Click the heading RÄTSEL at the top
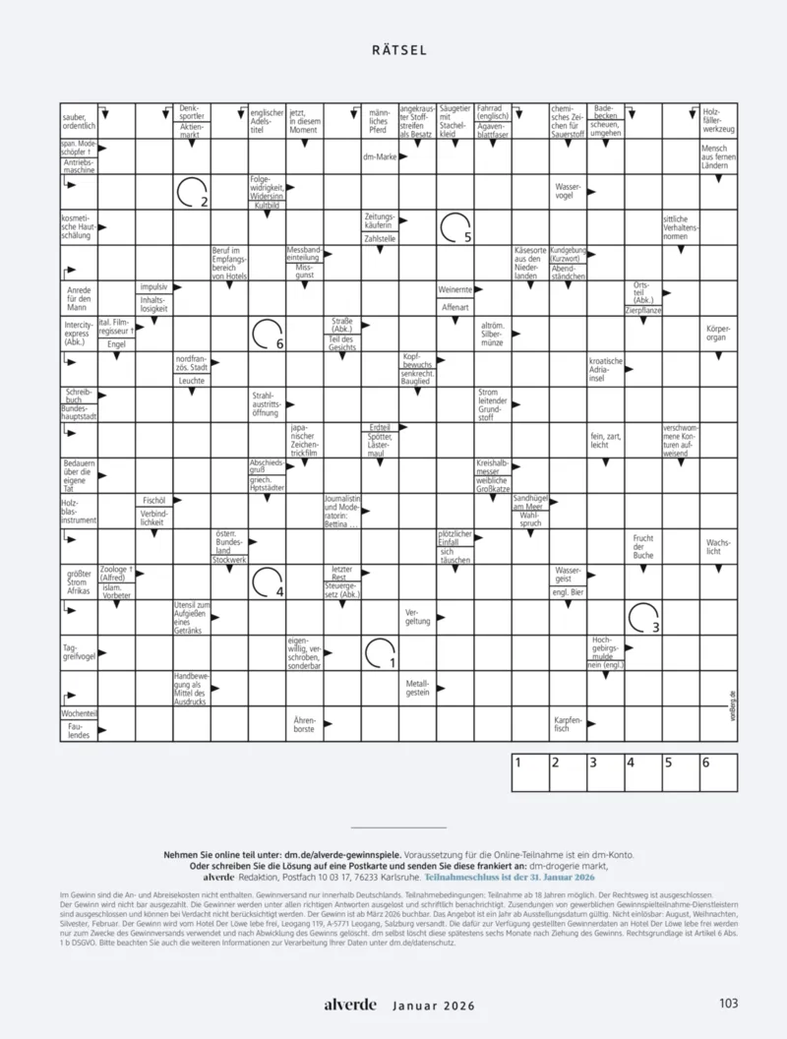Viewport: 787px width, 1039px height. click(x=399, y=50)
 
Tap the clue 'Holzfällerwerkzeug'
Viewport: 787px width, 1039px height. click(x=718, y=121)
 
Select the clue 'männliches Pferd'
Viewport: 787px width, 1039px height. click(x=379, y=121)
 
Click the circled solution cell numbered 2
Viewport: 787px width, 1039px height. click(x=193, y=192)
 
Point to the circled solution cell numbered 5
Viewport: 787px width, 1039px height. click(x=455, y=227)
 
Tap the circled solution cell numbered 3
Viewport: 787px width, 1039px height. click(x=642, y=617)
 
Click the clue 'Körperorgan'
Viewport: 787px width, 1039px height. click(x=718, y=333)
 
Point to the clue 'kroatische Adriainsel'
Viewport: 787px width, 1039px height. click(x=606, y=369)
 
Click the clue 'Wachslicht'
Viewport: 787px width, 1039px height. click(x=718, y=546)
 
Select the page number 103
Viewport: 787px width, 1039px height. click(x=728, y=1005)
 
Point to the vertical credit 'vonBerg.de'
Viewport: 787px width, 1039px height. click(x=734, y=706)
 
